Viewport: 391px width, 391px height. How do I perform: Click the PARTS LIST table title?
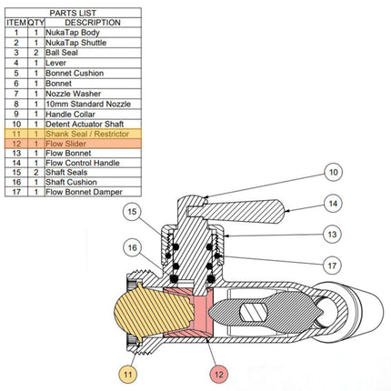click(x=73, y=12)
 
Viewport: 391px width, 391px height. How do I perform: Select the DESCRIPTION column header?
click(x=93, y=22)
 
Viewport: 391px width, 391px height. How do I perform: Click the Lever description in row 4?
click(x=69, y=63)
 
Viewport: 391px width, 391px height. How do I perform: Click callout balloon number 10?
click(x=334, y=170)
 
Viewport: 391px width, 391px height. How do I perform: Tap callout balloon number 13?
click(x=334, y=234)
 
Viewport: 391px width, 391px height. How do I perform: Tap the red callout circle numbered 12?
click(x=218, y=373)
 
